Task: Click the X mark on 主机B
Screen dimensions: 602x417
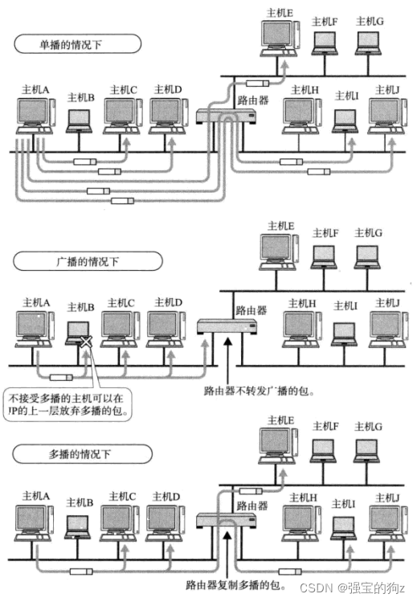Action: click(x=84, y=343)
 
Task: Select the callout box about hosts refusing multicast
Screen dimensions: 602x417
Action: click(x=68, y=403)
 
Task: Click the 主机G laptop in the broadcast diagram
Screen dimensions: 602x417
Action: click(x=367, y=255)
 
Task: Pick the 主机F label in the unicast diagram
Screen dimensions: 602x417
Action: click(x=324, y=22)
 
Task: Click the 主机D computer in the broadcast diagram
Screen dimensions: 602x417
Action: click(x=165, y=328)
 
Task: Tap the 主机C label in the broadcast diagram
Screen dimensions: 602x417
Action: click(x=121, y=303)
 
